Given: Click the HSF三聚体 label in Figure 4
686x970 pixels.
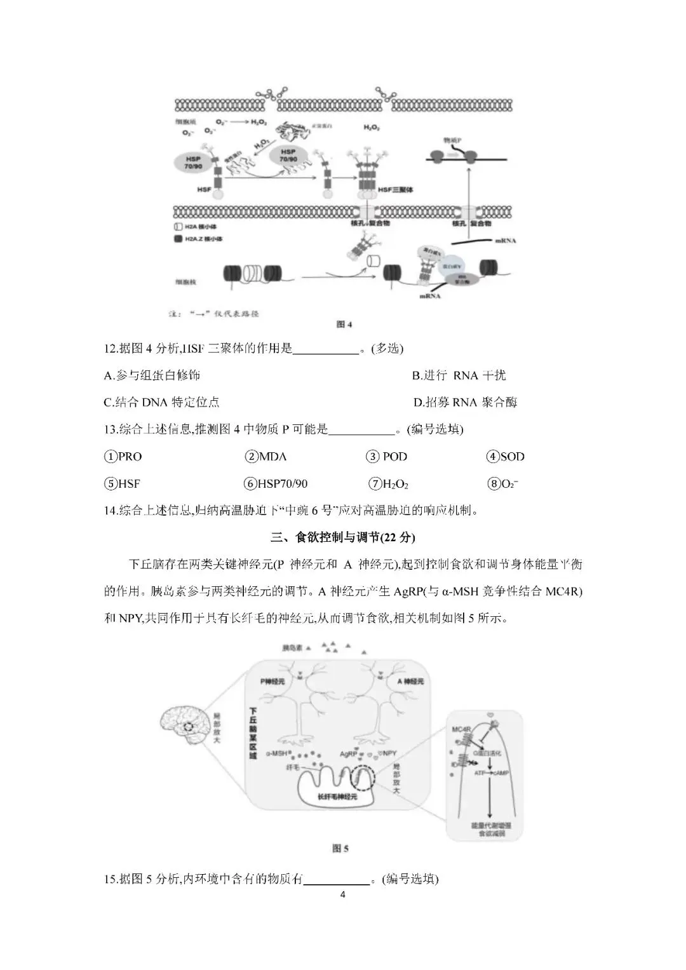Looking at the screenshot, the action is coord(394,190).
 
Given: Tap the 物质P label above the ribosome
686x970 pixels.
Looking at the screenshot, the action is coord(452,139).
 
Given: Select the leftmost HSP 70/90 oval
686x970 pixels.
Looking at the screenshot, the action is coord(191,161).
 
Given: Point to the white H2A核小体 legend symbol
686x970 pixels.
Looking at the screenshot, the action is coord(178,227).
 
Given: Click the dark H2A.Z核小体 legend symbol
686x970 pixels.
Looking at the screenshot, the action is coord(178,239).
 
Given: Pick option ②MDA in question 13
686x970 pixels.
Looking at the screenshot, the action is coord(266,457).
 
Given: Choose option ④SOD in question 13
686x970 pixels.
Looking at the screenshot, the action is coord(506,457).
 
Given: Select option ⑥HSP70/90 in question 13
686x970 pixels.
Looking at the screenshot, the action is coord(276,484).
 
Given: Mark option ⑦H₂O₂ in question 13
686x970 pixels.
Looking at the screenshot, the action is coord(389,484).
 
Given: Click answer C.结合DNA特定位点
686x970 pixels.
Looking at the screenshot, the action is coord(162,402).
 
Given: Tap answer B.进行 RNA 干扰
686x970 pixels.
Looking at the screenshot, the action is coord(459,375).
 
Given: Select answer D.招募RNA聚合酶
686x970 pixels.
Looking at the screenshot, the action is coord(465,402).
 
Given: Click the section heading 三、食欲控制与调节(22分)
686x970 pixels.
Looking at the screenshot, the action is coord(342,537).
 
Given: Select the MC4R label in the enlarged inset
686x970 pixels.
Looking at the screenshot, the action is coord(461,729).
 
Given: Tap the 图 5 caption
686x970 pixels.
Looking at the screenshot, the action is coord(340,848).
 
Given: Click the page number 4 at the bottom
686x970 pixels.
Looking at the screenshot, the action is coord(343,895).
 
